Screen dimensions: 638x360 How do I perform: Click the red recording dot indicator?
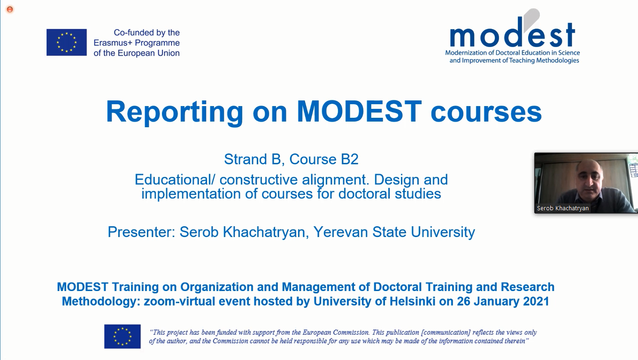coord(10,9)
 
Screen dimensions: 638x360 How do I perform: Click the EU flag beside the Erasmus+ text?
coord(67,42)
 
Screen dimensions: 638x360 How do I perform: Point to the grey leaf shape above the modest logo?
coord(531,19)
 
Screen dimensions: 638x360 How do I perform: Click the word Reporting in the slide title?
coord(174,112)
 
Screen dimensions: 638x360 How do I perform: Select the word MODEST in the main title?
coord(359,111)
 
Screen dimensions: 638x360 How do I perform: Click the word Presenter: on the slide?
coord(141,232)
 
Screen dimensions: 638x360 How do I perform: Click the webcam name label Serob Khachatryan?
coord(563,208)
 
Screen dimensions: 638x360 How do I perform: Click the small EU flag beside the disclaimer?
coord(123,337)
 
